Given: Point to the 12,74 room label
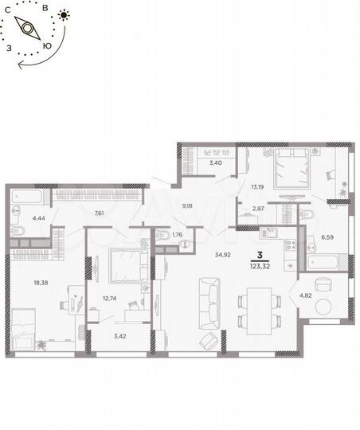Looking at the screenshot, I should pyautogui.click(x=109, y=299).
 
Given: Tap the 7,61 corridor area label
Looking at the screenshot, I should pyautogui.click(x=100, y=213).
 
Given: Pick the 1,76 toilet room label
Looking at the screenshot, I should pyautogui.click(x=178, y=236).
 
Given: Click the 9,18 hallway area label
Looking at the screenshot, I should pyautogui.click(x=187, y=206).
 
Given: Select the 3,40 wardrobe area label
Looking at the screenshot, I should pyautogui.click(x=215, y=163).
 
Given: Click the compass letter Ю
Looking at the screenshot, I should pyautogui.click(x=49, y=45).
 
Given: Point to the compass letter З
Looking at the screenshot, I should pyautogui.click(x=9, y=48).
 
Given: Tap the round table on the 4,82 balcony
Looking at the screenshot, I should pyautogui.click(x=323, y=283).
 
